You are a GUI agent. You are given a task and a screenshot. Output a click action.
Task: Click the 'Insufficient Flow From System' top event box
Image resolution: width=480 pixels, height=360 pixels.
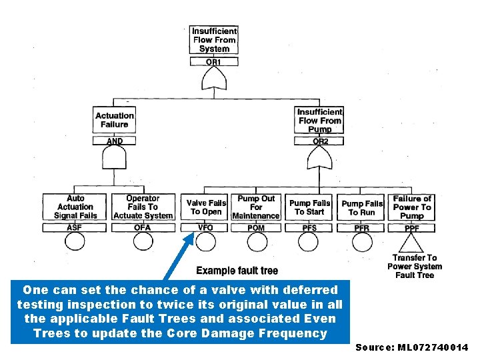[214, 40]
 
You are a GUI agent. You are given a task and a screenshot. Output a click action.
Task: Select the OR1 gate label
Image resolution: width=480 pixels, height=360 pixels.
[214, 62]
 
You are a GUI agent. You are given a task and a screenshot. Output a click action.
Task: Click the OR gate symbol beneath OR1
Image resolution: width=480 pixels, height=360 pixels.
[214, 81]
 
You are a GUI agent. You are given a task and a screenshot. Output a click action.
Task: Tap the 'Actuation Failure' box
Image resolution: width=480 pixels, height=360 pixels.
[115, 120]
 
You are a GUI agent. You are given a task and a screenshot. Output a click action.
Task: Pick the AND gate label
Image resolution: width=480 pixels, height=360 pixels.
[115, 141]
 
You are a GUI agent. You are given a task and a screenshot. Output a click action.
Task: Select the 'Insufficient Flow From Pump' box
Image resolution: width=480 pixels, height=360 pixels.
[320, 121]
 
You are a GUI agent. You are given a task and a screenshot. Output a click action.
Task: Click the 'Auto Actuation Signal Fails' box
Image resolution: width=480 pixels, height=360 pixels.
[75, 207]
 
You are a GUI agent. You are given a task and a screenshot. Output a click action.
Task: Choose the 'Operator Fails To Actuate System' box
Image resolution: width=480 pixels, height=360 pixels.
[143, 207]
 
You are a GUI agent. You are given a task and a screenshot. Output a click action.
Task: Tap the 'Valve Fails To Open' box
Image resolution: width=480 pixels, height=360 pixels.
[206, 207]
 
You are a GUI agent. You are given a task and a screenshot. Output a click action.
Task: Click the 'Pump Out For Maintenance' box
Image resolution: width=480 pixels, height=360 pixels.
[256, 207]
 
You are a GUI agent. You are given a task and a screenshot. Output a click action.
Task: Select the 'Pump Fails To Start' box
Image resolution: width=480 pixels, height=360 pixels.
[309, 207]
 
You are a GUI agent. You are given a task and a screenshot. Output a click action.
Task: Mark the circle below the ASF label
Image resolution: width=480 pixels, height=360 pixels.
[75, 241]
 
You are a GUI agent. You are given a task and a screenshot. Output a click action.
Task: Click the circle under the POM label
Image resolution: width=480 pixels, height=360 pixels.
[256, 241]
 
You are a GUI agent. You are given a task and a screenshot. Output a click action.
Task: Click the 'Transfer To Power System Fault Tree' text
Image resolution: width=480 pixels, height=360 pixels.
[414, 267]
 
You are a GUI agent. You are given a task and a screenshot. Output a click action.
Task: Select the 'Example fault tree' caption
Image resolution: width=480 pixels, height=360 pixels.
[237, 271]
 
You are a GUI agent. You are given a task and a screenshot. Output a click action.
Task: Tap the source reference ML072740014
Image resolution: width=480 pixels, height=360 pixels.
[412, 347]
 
